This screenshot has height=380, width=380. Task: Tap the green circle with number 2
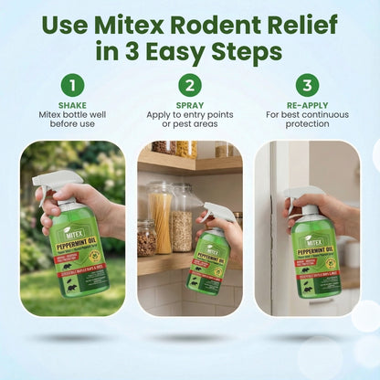(189, 86)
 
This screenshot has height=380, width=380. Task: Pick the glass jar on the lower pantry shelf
(146, 238)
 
